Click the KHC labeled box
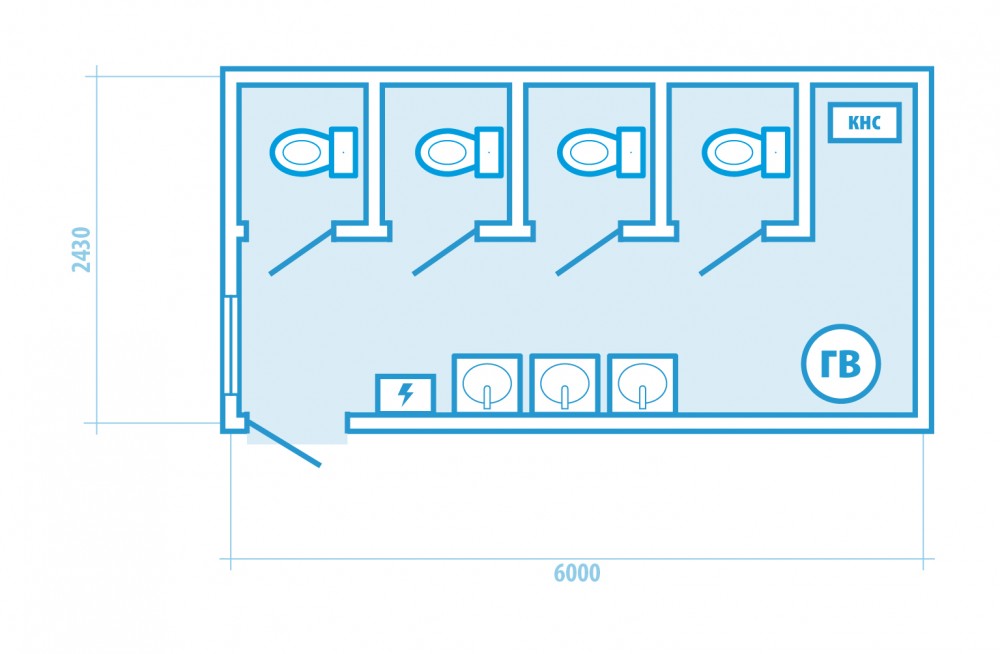click(864, 122)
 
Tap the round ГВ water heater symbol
click(841, 364)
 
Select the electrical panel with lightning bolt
click(406, 394)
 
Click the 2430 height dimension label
click(82, 249)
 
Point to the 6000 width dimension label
click(577, 573)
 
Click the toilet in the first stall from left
click(313, 152)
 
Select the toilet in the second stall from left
click(459, 152)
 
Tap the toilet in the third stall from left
click(601, 152)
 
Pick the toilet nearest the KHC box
click(746, 152)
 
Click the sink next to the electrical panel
click(487, 384)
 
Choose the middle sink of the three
click(564, 384)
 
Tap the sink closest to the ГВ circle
click(642, 384)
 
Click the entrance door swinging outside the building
click(283, 442)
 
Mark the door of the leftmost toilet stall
click(301, 251)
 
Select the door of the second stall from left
click(445, 251)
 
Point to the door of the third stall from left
click(589, 251)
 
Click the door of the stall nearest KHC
click(732, 251)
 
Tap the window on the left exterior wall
click(232, 345)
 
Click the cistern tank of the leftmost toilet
click(344, 152)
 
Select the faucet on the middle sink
click(564, 397)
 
